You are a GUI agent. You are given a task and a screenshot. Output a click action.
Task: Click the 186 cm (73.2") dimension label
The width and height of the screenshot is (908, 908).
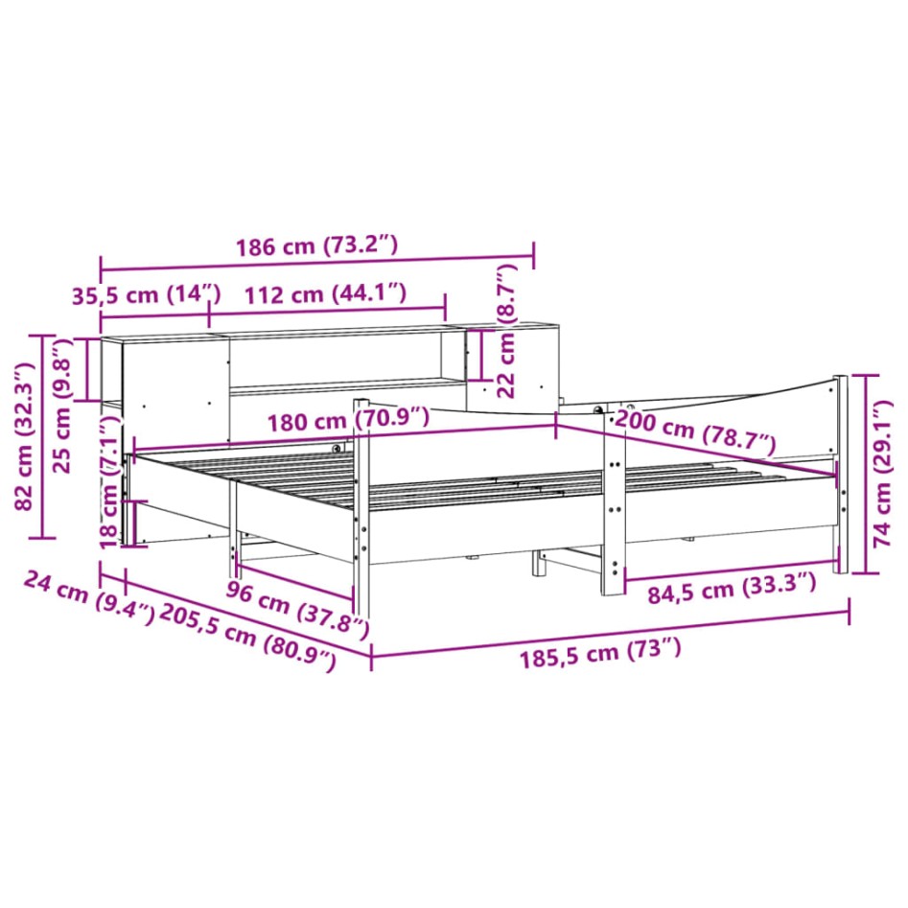(316, 245)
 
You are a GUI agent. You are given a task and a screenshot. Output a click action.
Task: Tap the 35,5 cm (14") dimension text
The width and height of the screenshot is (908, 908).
(147, 294)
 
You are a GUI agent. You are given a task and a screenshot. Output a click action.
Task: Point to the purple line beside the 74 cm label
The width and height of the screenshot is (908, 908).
(867, 474)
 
